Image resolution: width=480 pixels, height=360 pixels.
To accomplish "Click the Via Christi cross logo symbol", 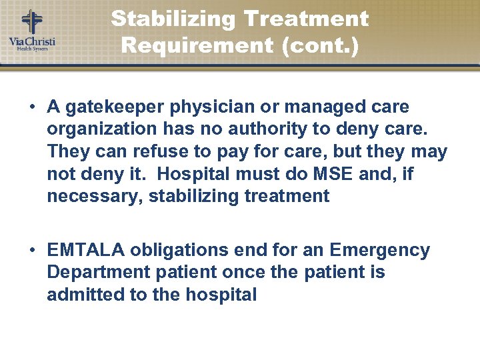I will (x=31, y=21).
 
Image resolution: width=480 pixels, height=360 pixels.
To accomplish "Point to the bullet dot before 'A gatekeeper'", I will (x=32, y=107).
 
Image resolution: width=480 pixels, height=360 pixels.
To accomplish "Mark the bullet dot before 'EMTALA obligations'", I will (x=32, y=251).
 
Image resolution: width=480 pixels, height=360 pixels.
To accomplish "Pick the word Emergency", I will (x=379, y=250).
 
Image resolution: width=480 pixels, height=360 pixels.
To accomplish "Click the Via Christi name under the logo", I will (x=32, y=41).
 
